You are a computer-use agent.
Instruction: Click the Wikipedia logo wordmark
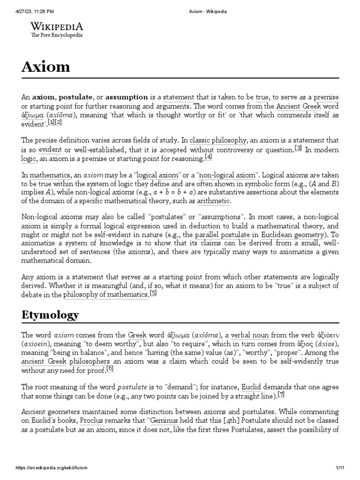click(x=57, y=26)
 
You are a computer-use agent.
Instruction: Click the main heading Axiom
click(x=45, y=67)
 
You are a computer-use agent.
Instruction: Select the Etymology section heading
click(x=50, y=315)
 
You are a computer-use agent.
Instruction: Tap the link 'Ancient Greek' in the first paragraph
click(x=295, y=106)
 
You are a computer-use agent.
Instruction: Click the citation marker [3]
click(x=298, y=149)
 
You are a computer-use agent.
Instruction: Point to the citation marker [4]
click(x=209, y=157)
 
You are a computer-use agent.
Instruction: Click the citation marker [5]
click(x=153, y=293)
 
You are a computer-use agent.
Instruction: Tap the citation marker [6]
click(x=110, y=368)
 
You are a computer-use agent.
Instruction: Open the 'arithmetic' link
click(x=214, y=202)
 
